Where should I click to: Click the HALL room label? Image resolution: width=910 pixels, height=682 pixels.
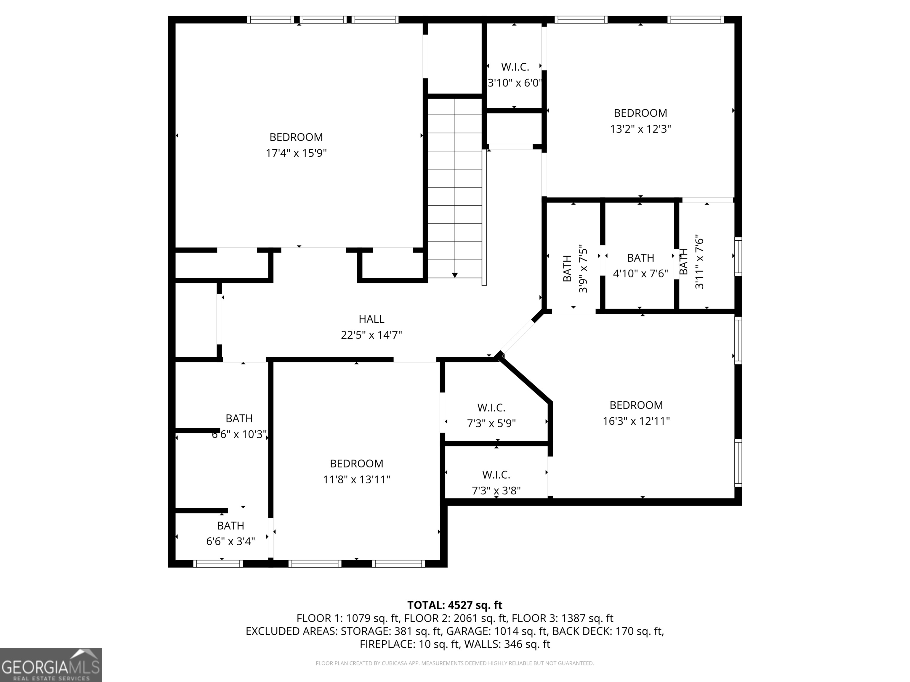tap(371, 319)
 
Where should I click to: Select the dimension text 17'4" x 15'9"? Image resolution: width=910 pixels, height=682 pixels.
tap(296, 153)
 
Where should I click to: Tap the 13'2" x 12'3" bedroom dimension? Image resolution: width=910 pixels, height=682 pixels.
tap(640, 129)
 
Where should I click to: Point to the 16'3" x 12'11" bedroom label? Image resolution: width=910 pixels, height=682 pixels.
tap(636, 405)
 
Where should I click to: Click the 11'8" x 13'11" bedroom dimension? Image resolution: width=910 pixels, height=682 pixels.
tap(356, 479)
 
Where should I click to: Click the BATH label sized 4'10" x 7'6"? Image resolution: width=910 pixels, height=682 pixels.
tap(640, 258)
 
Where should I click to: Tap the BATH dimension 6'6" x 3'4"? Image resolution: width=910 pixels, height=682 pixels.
tap(230, 541)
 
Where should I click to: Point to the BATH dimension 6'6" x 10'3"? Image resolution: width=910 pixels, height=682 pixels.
tap(239, 435)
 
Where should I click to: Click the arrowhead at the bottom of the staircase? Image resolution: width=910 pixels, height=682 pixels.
tap(455, 275)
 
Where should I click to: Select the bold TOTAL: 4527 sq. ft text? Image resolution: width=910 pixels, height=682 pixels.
tap(455, 605)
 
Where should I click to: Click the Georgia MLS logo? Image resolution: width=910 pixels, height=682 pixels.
tap(51, 665)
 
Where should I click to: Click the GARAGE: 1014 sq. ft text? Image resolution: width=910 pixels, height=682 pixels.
tap(497, 631)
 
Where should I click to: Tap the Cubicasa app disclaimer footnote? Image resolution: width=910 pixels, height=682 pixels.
tap(455, 663)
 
